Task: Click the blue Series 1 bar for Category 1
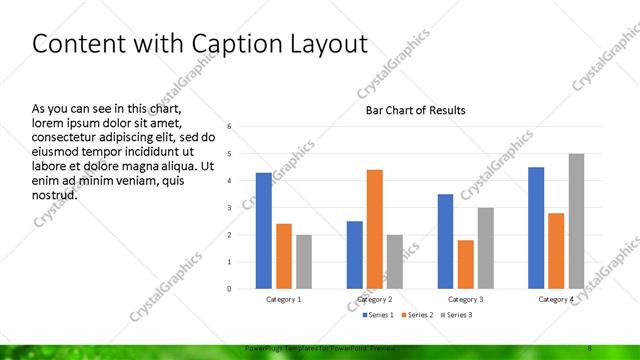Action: click(263, 231)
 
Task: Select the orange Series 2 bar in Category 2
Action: click(375, 229)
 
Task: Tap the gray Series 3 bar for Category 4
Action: click(576, 221)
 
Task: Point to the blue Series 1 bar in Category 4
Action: click(536, 228)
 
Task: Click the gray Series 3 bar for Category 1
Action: click(303, 262)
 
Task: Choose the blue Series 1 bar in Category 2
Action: click(355, 255)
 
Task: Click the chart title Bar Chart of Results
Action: click(414, 110)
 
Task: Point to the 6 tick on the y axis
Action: click(230, 127)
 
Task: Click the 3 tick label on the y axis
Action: click(230, 208)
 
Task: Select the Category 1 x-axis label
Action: click(284, 299)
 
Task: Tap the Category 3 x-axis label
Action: click(466, 299)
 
